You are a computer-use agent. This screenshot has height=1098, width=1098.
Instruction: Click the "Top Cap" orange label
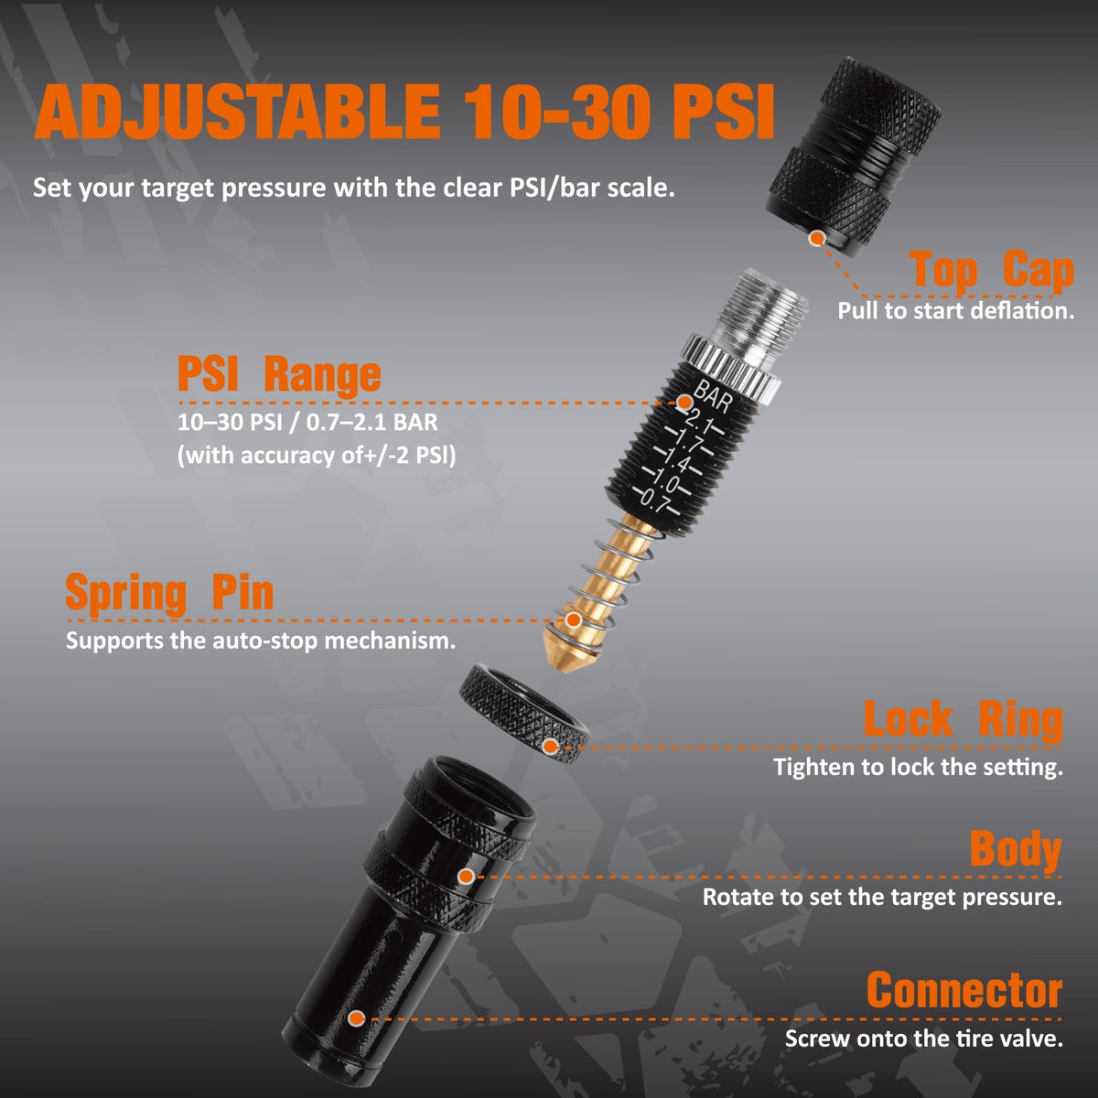[x=992, y=271]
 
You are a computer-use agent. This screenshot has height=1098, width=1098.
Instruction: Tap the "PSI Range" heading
[x=279, y=374]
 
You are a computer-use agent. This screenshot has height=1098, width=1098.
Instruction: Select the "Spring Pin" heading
[x=169, y=594]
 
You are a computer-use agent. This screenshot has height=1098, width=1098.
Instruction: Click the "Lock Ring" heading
[x=963, y=719]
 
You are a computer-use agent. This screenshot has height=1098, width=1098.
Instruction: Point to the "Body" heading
[x=1016, y=849]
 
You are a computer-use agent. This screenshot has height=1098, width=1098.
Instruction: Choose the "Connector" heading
[x=964, y=990]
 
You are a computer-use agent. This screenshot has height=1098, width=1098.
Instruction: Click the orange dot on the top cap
[x=816, y=238]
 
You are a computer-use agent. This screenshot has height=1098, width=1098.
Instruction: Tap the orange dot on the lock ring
[x=551, y=746]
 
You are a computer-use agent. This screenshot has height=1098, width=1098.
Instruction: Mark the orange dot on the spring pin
[x=573, y=620]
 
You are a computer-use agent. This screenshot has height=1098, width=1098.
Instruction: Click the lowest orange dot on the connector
[x=357, y=1018]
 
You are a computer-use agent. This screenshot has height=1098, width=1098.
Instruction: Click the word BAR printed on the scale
[x=712, y=396]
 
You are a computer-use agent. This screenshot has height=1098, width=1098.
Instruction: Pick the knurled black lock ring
[x=523, y=712]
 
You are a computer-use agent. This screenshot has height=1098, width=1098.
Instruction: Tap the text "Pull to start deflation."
[x=955, y=311]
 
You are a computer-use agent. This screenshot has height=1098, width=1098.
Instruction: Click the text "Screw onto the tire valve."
[x=923, y=1039]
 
